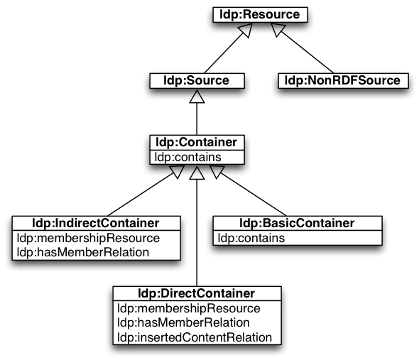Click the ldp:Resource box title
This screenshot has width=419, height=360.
click(x=259, y=14)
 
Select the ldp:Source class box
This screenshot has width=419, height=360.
click(x=197, y=81)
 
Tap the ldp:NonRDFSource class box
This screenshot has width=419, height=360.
click(x=344, y=81)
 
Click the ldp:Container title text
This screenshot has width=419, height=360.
click(x=197, y=142)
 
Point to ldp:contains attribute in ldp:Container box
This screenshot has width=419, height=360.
click(x=188, y=157)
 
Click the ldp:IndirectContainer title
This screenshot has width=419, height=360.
click(x=96, y=223)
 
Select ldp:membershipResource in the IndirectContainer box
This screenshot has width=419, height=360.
click(x=88, y=238)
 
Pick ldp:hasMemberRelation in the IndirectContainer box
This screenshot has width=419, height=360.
click(x=83, y=252)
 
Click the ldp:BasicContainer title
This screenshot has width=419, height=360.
click(x=297, y=223)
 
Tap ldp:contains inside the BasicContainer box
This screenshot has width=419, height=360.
click(x=251, y=238)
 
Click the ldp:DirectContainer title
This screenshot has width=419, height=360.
click(x=197, y=293)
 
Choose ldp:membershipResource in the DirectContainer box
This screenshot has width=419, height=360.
click(x=189, y=308)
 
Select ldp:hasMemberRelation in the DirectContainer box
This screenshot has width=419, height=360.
click(x=183, y=322)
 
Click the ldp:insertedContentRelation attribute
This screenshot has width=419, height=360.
click(x=195, y=337)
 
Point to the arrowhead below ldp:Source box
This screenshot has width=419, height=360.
click(x=197, y=97)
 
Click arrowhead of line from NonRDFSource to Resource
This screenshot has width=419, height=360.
click(x=278, y=29)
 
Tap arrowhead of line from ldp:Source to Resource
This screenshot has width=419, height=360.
click(x=245, y=29)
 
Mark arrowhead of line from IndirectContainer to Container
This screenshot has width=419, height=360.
click(x=176, y=172)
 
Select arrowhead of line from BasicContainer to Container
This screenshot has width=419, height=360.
click(x=217, y=172)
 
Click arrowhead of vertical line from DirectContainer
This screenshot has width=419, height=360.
click(x=197, y=173)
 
